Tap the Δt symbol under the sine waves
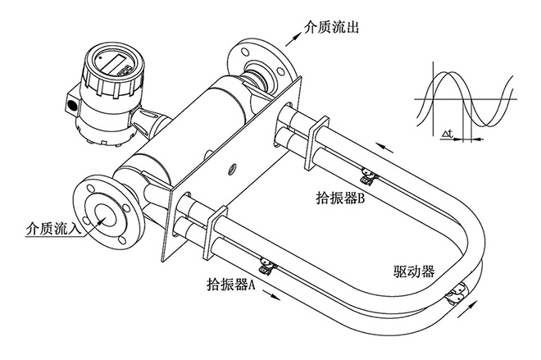[x=448, y=131]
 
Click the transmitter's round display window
[x=110, y=65]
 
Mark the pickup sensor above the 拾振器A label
[x=266, y=264]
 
